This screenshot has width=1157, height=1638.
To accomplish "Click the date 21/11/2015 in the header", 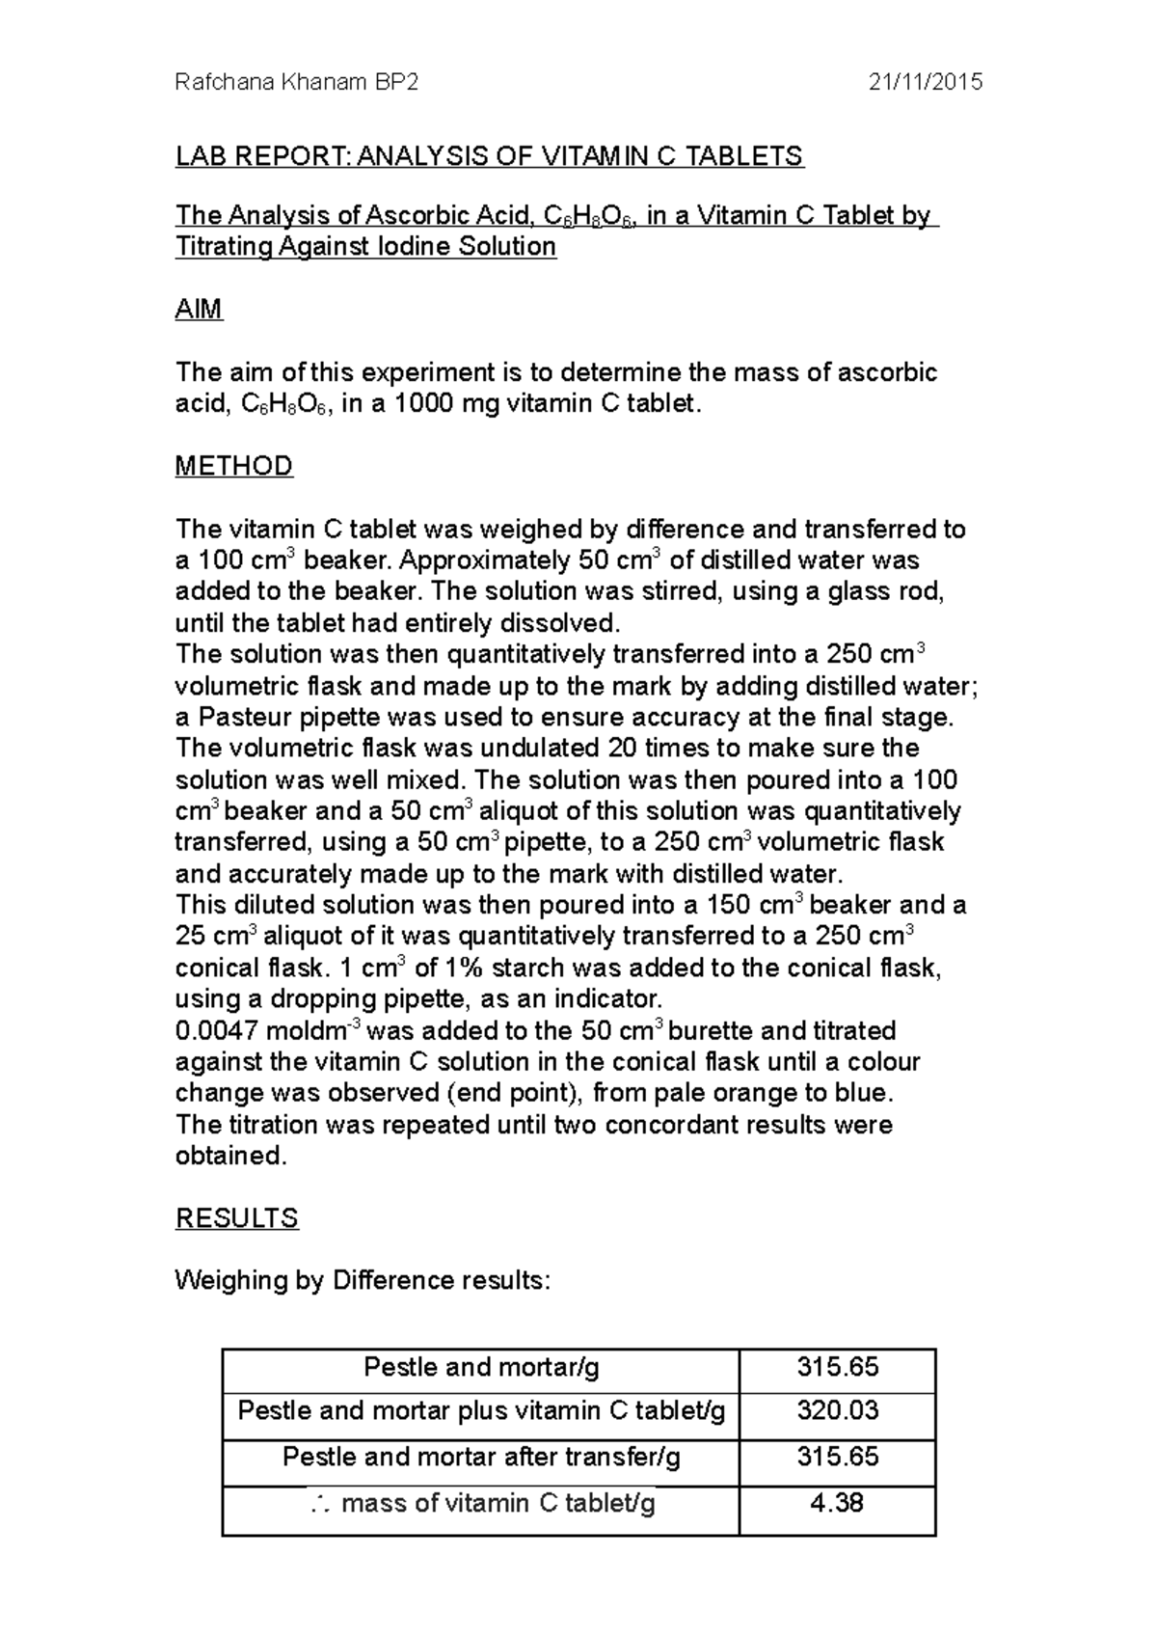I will coord(925,82).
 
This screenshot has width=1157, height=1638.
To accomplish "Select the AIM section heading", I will coord(199,310).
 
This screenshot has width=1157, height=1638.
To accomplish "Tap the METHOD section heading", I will coord(233,467).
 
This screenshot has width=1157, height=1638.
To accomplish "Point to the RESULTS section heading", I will coord(236,1218).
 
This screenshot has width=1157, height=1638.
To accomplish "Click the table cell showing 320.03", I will coord(837,1411).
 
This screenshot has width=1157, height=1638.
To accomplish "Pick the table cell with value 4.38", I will coord(837,1503).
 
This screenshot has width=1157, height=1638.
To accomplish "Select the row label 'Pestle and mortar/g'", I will coord(481,1367).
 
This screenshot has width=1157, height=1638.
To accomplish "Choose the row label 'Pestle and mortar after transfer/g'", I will coord(481,1457).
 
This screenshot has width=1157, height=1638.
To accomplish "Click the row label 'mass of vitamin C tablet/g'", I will coord(498,1503).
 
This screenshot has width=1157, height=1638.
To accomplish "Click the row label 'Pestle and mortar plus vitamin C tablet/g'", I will coord(481,1411).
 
